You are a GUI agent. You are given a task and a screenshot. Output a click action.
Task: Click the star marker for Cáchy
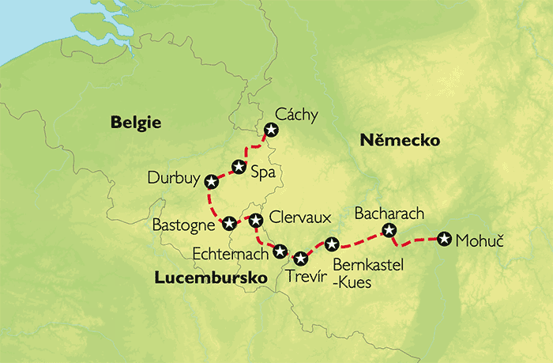(x=271, y=130)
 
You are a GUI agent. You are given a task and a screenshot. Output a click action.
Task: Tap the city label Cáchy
(x=296, y=115)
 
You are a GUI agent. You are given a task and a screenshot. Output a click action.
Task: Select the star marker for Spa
(x=238, y=166)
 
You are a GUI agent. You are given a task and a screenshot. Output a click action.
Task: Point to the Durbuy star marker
(x=210, y=181)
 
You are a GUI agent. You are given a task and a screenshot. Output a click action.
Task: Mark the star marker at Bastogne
(x=228, y=223)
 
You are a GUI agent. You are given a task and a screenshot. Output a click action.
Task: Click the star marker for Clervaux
(x=255, y=218)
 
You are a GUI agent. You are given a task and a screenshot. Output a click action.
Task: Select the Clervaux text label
(x=297, y=216)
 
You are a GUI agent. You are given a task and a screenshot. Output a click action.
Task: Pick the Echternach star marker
(x=280, y=250)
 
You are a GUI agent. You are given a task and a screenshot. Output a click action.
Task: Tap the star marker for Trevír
(x=300, y=258)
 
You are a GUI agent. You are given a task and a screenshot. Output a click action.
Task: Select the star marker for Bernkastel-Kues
(x=332, y=244)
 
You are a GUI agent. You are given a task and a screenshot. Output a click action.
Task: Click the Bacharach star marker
(x=389, y=230)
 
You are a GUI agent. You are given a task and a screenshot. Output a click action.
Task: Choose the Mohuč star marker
(x=444, y=239)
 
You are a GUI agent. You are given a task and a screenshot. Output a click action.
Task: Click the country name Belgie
(x=136, y=123)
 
